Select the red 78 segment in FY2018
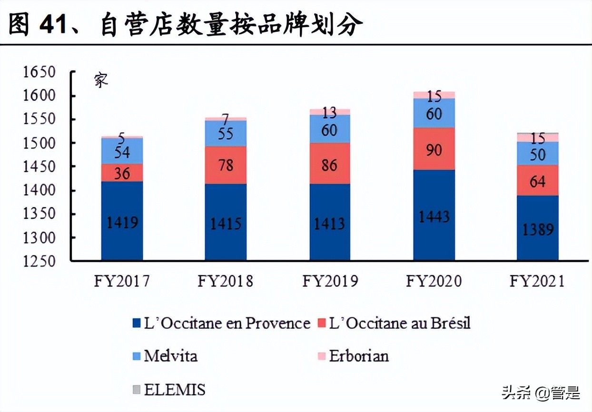click(226, 165)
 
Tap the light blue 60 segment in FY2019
click(330, 129)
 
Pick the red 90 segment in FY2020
click(434, 148)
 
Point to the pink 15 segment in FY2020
click(434, 95)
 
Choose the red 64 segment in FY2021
click(538, 180)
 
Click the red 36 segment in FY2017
click(122, 173)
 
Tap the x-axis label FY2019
click(330, 281)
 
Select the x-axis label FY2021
click(537, 281)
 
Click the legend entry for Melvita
click(165, 355)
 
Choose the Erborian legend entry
click(353, 355)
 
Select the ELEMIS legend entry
click(168, 390)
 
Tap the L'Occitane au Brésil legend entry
click(393, 324)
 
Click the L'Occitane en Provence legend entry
click(221, 324)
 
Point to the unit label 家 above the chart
click(101, 80)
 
